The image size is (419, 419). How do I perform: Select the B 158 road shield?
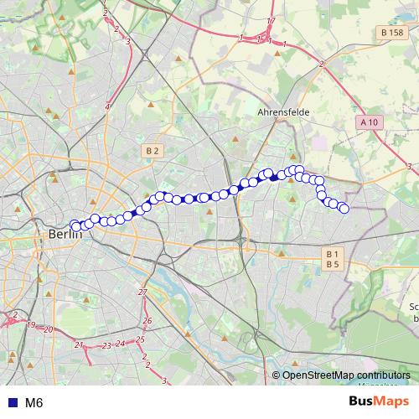(391, 33)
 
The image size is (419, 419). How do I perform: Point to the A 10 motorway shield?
(369, 122)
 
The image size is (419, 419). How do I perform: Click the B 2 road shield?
(152, 151)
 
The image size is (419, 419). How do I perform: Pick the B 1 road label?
(333, 254)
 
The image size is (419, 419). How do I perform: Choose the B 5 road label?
(333, 264)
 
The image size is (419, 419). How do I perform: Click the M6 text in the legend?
(34, 403)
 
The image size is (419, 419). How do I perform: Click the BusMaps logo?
(379, 402)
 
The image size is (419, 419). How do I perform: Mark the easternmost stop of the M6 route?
(344, 208)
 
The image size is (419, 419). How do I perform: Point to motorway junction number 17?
(271, 21)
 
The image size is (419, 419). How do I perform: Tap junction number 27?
(142, 292)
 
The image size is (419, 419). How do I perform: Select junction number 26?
(147, 321)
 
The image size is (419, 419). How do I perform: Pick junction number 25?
(141, 339)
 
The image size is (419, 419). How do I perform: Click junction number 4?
(108, 106)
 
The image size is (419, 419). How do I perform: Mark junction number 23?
(106, 345)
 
